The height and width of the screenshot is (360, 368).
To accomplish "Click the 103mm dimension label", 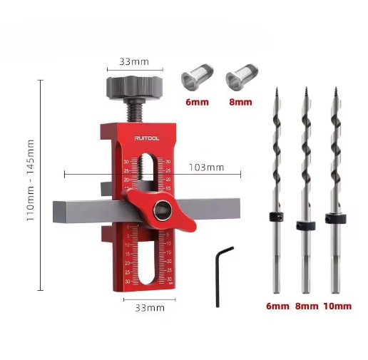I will click(206, 168).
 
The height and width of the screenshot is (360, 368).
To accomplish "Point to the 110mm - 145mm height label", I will click(31, 180).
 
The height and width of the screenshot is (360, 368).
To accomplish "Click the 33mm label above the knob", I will click(131, 62).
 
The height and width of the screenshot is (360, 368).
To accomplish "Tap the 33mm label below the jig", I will click(150, 307).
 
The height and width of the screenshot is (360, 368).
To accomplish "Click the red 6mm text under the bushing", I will click(197, 101).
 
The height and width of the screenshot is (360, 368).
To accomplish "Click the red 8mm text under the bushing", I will click(240, 101).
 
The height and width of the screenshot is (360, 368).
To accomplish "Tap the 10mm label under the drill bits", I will click(337, 306).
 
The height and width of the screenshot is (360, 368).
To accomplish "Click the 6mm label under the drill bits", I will click(277, 306).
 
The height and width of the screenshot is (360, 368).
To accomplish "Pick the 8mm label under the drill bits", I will click(306, 306).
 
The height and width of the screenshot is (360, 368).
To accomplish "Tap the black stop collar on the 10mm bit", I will click(333, 217).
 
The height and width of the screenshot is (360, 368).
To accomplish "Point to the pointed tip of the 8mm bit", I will click(305, 91).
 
